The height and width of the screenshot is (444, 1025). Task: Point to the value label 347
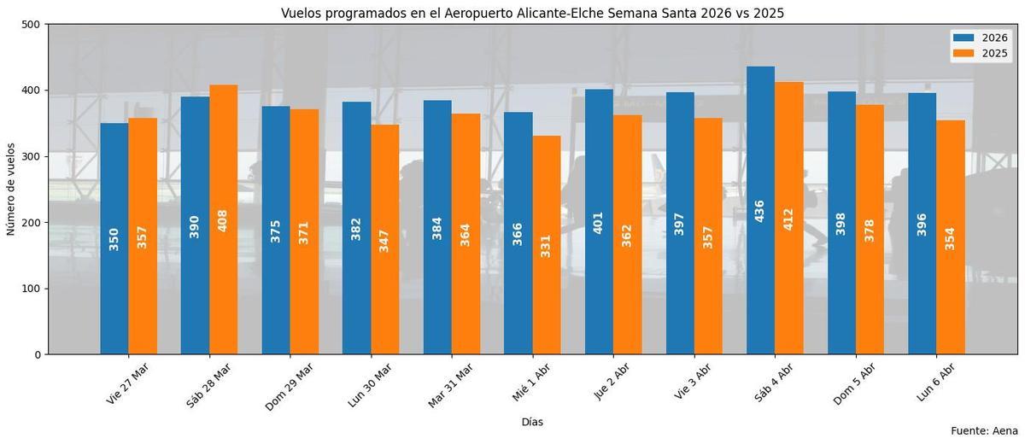pos(384,234)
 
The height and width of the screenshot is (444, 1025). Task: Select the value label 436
pos(760,211)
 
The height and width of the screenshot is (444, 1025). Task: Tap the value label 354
pos(950,238)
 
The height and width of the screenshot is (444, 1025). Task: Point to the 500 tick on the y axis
pos(32,25)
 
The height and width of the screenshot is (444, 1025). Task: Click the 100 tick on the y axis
pos(32,289)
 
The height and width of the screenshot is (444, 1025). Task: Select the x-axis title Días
pos(532,422)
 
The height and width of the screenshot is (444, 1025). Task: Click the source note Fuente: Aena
pos(984,431)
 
